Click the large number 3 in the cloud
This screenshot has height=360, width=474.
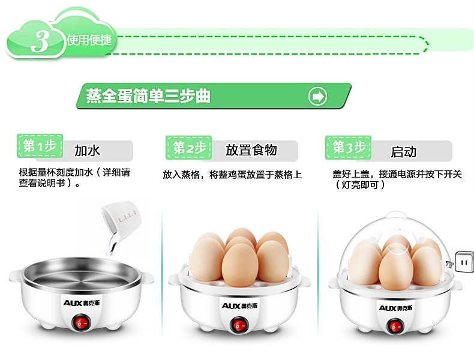tap(41, 40)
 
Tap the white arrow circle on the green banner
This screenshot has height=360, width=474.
tap(317, 96)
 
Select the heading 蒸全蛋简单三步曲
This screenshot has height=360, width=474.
tap(148, 96)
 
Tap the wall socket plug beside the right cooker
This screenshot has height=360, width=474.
tap(463, 262)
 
